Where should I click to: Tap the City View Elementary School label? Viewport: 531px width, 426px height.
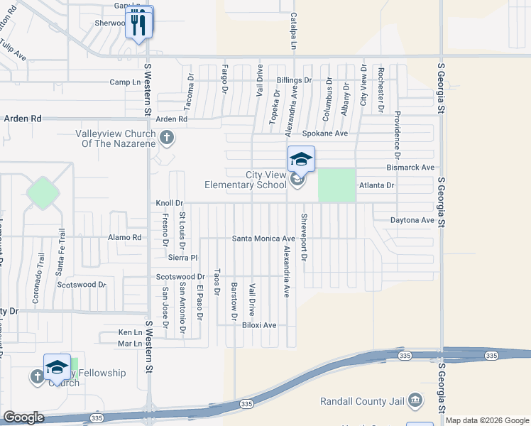coord(245,180)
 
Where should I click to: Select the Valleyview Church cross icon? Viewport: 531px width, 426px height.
coord(167,138)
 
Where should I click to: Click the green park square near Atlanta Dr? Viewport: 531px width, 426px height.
coord(336,185)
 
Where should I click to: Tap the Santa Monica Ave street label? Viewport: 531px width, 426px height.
coord(263,239)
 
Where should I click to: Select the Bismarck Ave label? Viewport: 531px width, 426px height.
coord(410,168)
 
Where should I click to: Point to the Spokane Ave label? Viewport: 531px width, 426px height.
coord(324,133)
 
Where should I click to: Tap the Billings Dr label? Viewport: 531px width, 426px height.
coord(294,80)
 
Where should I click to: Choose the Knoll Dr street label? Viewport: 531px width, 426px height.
coord(170,203)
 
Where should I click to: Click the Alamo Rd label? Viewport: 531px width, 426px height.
coord(125,237)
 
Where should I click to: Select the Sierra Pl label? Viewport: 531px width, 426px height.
coord(182,258)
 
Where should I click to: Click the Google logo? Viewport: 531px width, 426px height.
coord(23,417)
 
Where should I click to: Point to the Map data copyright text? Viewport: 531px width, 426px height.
coord(487,420)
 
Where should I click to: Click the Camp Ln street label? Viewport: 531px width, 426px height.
coord(125,82)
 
